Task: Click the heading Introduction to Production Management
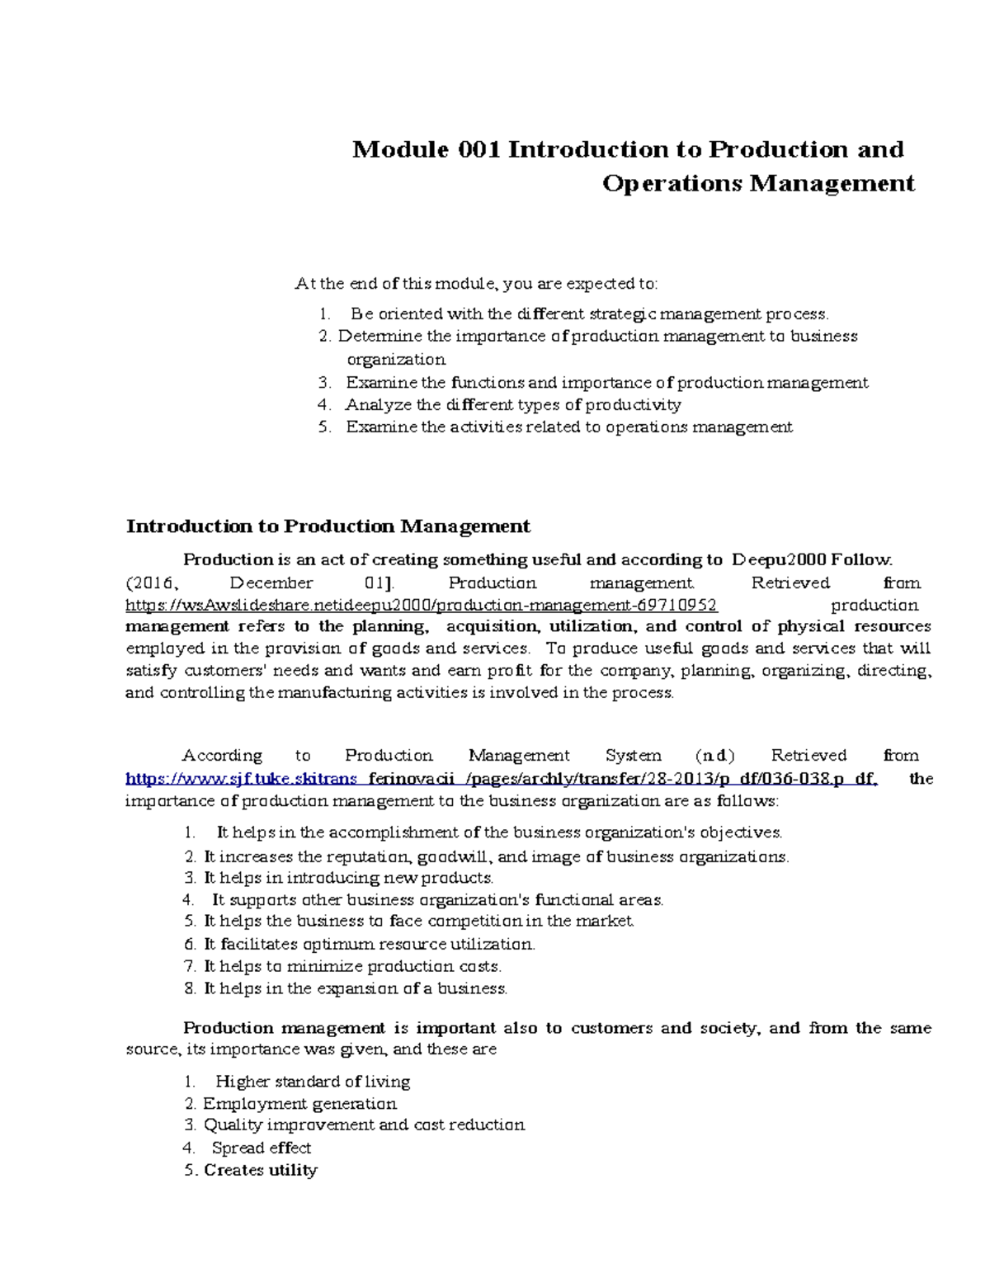328,526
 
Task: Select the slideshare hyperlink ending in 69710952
421,605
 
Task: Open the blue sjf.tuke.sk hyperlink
501,778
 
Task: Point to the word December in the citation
271,582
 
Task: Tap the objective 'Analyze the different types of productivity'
513,404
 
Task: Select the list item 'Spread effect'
261,1148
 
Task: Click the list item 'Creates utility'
260,1170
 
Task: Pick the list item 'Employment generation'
299,1103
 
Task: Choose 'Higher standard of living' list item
312,1081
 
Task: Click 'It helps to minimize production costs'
352,966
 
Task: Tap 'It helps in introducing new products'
348,878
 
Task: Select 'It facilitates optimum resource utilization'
369,944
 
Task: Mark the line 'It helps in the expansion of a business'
355,988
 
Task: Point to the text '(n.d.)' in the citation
714,755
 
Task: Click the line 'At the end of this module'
476,284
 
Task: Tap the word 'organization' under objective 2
396,359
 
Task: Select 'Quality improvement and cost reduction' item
364,1125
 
